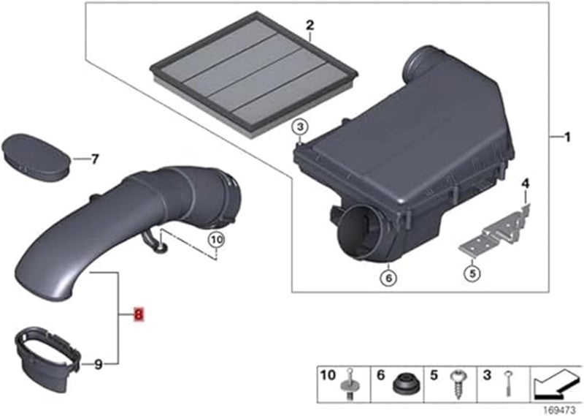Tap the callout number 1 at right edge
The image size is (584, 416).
click(x=565, y=137)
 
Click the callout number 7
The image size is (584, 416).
click(x=93, y=158)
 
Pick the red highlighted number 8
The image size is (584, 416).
click(x=139, y=314)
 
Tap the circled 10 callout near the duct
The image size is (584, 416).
click(x=217, y=238)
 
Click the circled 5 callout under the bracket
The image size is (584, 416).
click(x=472, y=274)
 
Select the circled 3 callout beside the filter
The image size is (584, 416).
click(x=299, y=128)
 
